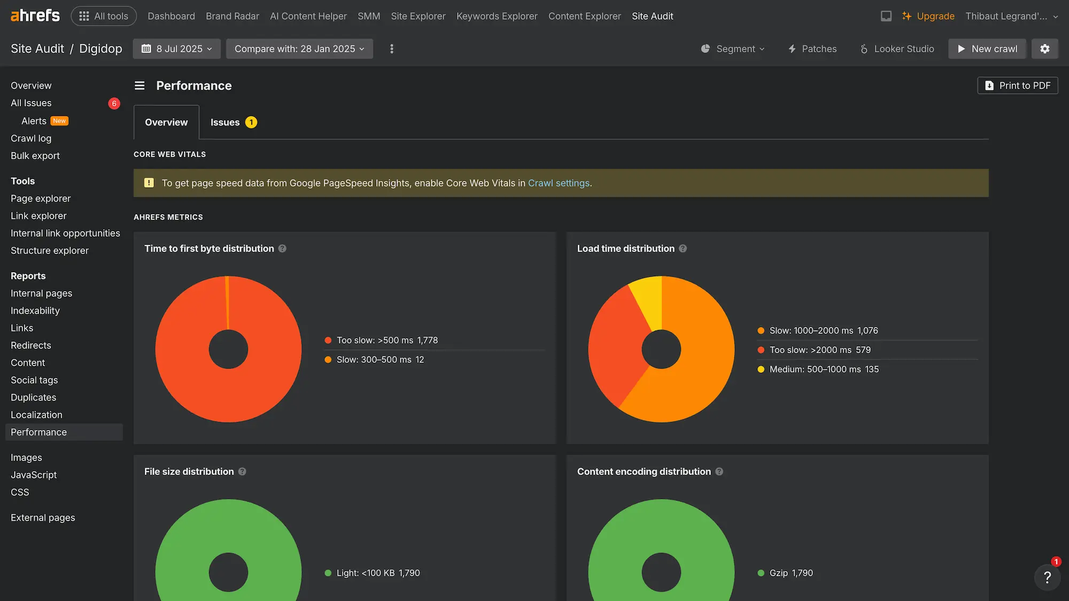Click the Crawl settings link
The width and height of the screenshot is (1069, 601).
point(559,183)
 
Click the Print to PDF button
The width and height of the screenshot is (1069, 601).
point(1018,85)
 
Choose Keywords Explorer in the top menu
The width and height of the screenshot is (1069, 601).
point(497,16)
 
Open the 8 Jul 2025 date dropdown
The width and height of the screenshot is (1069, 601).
point(177,49)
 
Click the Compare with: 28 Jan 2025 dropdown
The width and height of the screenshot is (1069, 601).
point(299,49)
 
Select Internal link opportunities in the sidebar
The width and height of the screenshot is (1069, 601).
point(65,233)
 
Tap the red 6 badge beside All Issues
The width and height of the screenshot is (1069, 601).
point(114,103)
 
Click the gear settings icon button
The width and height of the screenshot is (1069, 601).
point(1044,49)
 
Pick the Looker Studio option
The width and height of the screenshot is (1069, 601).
point(897,49)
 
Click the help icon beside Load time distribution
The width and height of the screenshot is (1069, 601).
point(683,248)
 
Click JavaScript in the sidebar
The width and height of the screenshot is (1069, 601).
point(34,475)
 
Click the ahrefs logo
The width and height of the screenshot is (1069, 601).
point(35,16)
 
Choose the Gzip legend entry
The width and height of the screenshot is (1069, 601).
point(785,573)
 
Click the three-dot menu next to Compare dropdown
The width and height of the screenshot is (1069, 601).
point(392,49)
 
